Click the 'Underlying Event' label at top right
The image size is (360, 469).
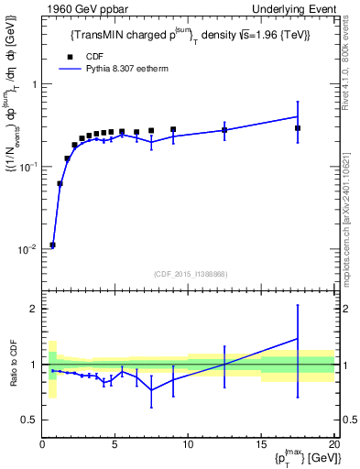pos(298,8)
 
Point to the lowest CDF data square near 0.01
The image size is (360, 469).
pos(52,245)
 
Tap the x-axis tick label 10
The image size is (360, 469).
pos(188,446)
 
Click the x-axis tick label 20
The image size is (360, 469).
pos(333,446)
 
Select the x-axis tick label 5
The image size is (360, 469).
pos(115,446)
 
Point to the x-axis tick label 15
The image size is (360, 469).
pos(261,446)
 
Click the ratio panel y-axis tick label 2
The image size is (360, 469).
pos(33,309)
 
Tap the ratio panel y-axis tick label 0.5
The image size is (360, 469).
pos(28,420)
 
